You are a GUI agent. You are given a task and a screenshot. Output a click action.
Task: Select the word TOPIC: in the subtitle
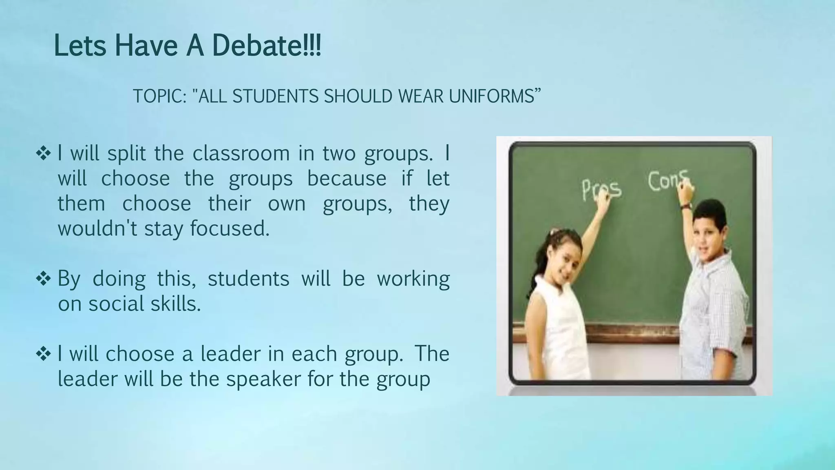click(159, 96)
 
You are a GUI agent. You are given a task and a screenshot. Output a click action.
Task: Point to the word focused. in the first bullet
click(230, 228)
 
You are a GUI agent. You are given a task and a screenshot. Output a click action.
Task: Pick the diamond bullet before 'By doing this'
click(43, 279)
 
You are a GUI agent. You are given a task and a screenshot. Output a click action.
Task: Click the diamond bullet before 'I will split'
click(43, 154)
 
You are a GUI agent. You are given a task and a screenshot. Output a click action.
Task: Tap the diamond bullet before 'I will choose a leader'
click(43, 354)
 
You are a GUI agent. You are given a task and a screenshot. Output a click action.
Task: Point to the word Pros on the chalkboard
click(601, 190)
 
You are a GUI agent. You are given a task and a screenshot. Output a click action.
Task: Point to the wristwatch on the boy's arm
click(686, 206)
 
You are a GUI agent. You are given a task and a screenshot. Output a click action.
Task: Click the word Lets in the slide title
click(80, 46)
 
